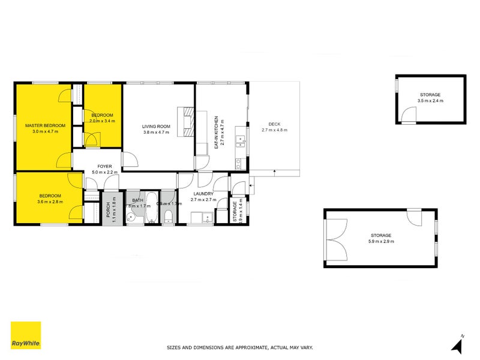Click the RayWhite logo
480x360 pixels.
coord(26,335)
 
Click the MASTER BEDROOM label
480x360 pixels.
coord(45,126)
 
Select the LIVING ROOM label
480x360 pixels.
coord(156,126)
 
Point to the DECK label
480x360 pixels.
coord(275,124)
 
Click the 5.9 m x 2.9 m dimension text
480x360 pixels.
coord(381,242)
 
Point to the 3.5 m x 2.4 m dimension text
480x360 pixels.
coord(430,101)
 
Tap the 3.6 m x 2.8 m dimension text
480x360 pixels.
coord(49,202)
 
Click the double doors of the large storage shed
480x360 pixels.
coord(336,238)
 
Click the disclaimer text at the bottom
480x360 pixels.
coord(239,347)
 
